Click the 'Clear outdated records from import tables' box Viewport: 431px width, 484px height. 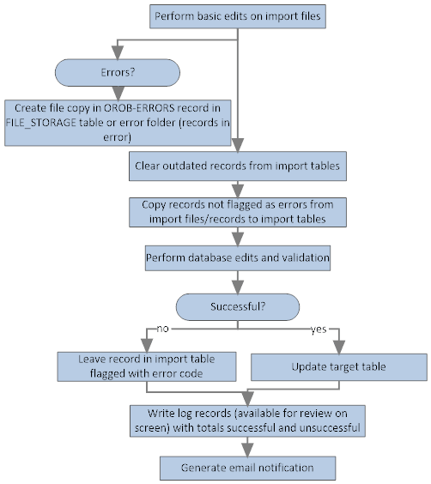(x=238, y=166)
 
